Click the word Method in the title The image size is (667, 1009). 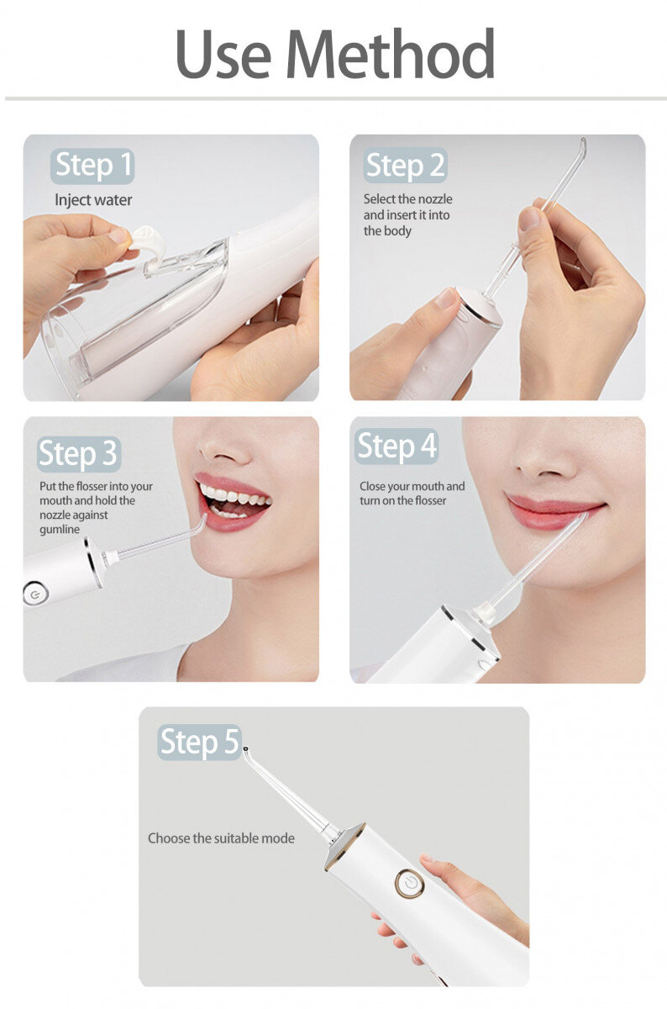(391, 54)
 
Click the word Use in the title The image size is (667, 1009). (223, 54)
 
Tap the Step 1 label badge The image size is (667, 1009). (92, 166)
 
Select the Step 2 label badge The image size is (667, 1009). (405, 166)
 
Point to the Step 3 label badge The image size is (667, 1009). (79, 453)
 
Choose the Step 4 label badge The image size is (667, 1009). (397, 446)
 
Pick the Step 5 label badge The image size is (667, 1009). (199, 742)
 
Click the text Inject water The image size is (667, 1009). (93, 200)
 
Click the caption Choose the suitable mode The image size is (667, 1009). (222, 838)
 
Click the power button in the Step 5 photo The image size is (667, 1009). (409, 884)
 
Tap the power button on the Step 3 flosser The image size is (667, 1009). (34, 595)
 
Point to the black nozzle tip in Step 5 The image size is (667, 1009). (245, 749)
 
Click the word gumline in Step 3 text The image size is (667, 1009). (60, 529)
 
